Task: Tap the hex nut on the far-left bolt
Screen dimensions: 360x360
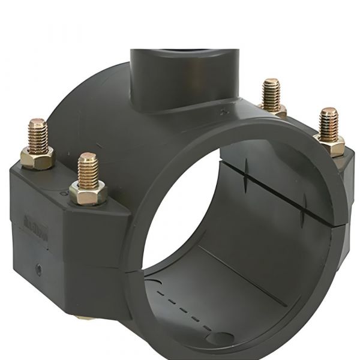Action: tap(37, 156)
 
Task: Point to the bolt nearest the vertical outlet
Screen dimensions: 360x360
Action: tap(272, 93)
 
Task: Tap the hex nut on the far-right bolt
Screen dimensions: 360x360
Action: tap(329, 144)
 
